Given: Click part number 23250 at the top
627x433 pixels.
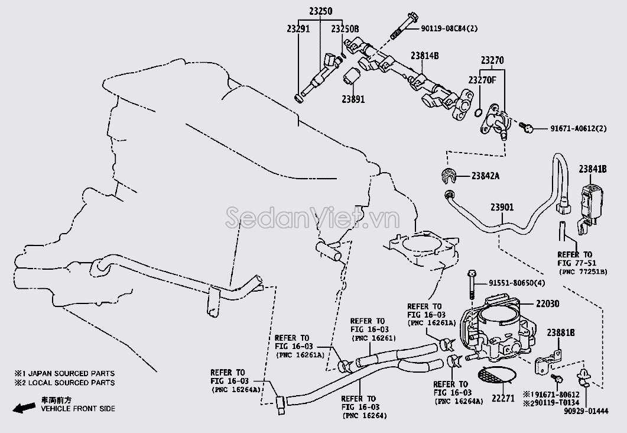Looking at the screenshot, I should [320, 11].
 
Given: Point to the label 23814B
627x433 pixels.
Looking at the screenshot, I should [425, 56].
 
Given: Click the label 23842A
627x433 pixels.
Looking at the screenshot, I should [486, 175].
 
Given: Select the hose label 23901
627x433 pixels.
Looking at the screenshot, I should [502, 207].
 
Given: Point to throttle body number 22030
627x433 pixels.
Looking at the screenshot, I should [547, 303].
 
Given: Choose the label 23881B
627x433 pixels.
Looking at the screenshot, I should [561, 333].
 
